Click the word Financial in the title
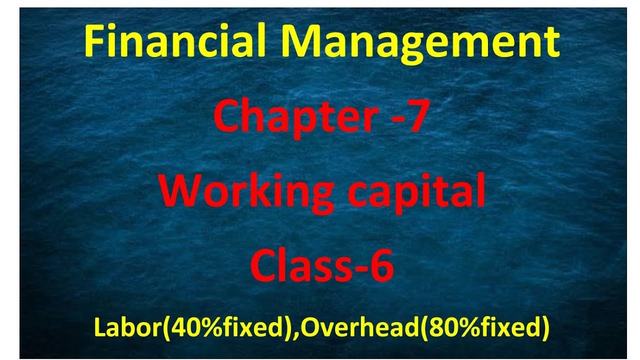(x=174, y=42)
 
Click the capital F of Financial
(x=94, y=42)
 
